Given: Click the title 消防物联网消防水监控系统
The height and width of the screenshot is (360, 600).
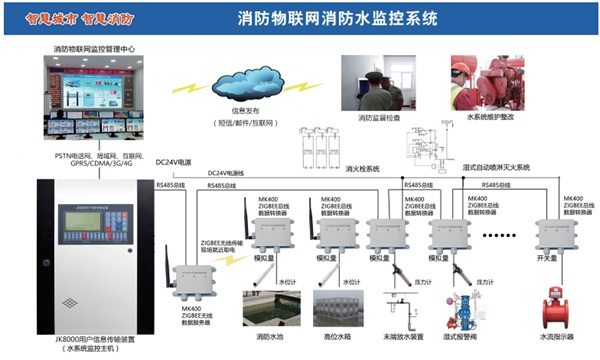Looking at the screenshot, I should click(x=338, y=19).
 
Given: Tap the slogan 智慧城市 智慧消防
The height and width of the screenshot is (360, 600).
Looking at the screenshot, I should click(x=52, y=16).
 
